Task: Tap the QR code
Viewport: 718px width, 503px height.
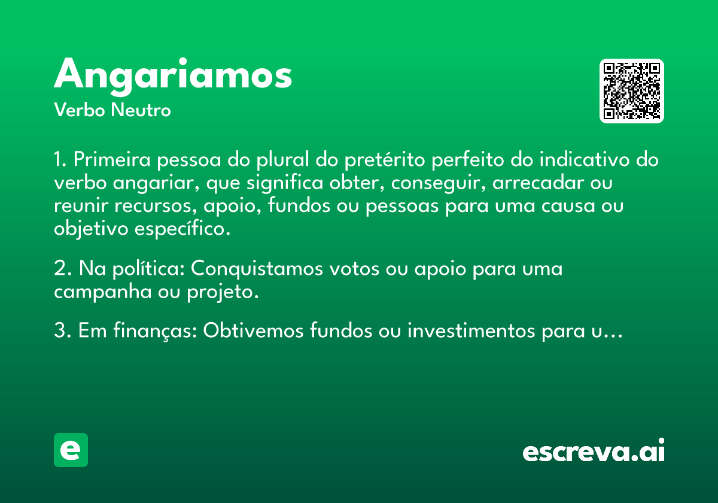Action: pos(631,91)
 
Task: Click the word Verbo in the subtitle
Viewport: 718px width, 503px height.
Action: pos(80,110)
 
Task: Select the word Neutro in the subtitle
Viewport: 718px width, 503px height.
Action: pos(141,110)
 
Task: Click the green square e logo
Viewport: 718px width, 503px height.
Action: pos(71,450)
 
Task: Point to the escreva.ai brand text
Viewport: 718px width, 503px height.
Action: pos(594,450)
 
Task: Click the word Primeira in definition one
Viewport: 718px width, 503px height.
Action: pos(112,159)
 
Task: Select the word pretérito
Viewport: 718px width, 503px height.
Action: pos(385,160)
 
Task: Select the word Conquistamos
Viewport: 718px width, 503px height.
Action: pos(257,269)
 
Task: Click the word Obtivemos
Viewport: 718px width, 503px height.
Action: pos(253,331)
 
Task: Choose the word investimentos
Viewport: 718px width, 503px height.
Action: pos(471,331)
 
